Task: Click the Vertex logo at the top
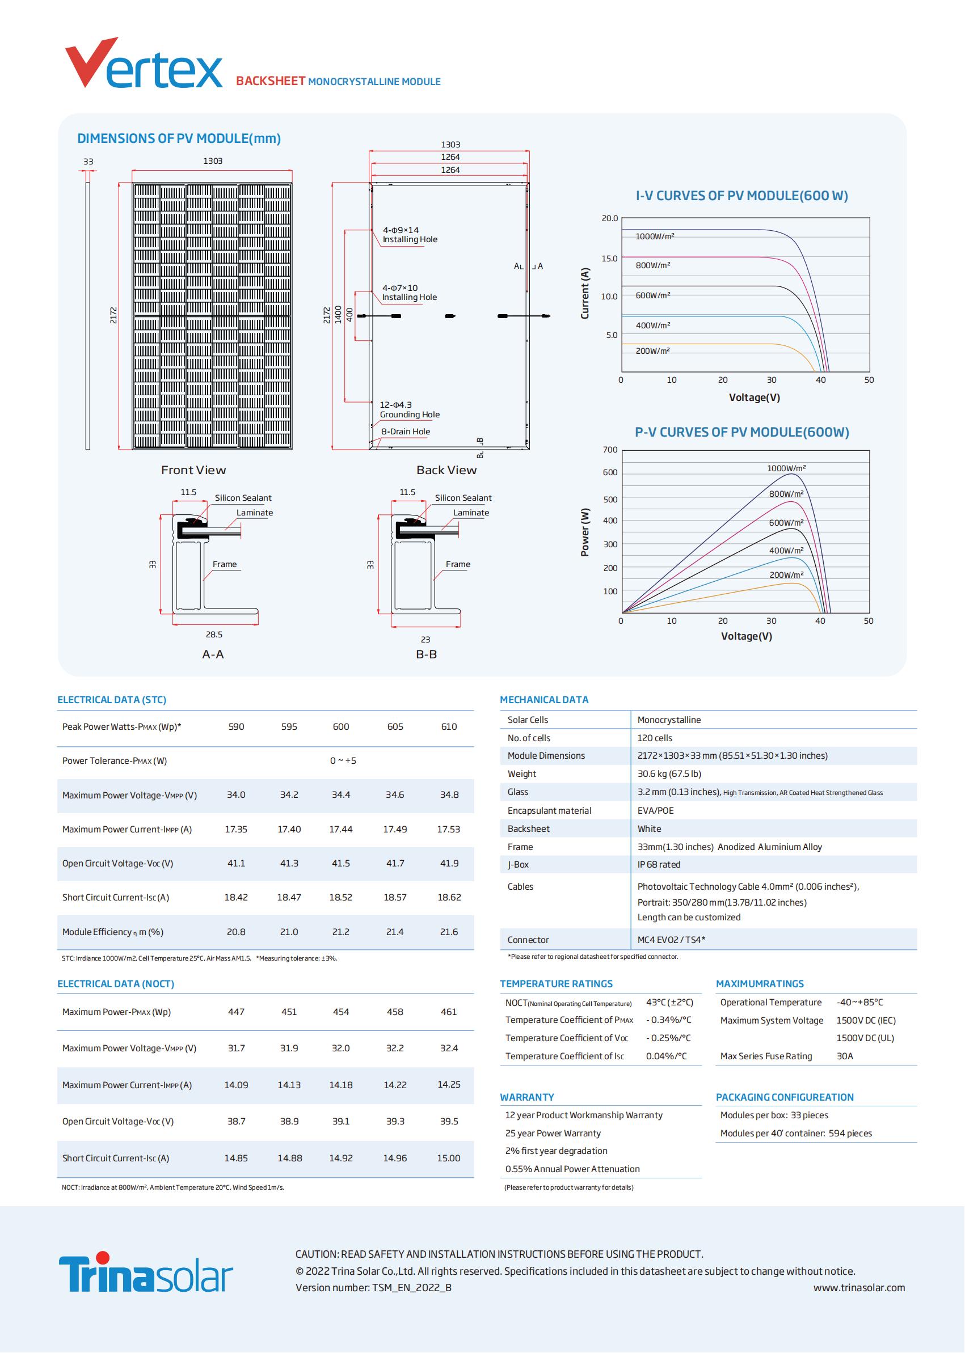pyautogui.click(x=144, y=63)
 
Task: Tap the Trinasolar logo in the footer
pyautogui.click(x=146, y=1273)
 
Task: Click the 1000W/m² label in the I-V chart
pyautogui.click(x=655, y=236)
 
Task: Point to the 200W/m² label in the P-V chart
pyautogui.click(x=786, y=575)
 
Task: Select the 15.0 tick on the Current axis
pyautogui.click(x=610, y=259)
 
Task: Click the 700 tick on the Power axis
pyautogui.click(x=610, y=450)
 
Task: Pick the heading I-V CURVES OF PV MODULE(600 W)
pyautogui.click(x=741, y=196)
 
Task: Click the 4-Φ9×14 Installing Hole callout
pyautogui.click(x=410, y=235)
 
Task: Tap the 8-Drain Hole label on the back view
pyautogui.click(x=405, y=432)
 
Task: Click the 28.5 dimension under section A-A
pyautogui.click(x=214, y=635)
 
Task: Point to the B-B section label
pyautogui.click(x=426, y=654)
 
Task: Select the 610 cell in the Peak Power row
pyautogui.click(x=449, y=726)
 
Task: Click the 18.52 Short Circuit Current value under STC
pyautogui.click(x=340, y=898)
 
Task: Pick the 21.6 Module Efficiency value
pyautogui.click(x=449, y=932)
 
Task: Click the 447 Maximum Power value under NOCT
pyautogui.click(x=236, y=1012)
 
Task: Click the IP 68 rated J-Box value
pyautogui.click(x=659, y=865)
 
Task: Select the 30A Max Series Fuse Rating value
pyautogui.click(x=844, y=1056)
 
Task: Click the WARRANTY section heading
pyautogui.click(x=526, y=1097)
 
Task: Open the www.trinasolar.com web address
pyautogui.click(x=859, y=1288)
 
